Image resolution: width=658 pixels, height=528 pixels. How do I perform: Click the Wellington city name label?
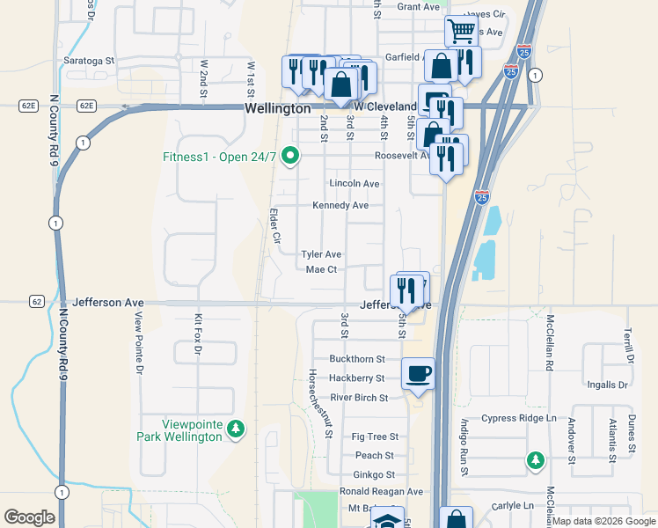[x=277, y=108]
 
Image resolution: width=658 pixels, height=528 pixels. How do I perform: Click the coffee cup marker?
[x=418, y=373]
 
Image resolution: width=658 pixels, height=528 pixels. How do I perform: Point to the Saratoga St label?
[x=89, y=61]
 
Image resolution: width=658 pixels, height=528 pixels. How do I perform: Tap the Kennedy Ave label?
[x=340, y=206]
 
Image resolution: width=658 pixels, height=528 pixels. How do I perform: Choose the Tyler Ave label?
[x=321, y=253]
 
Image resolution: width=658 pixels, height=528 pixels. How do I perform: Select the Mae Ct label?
[x=321, y=269]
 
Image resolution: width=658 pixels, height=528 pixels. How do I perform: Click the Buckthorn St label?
[x=357, y=359]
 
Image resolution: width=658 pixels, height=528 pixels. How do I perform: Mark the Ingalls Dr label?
[x=607, y=385]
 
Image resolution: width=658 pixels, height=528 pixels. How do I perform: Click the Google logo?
[x=29, y=517]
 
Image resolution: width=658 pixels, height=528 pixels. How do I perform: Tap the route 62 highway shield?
[x=36, y=301]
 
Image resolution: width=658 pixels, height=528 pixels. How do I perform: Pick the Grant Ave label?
[x=418, y=7]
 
